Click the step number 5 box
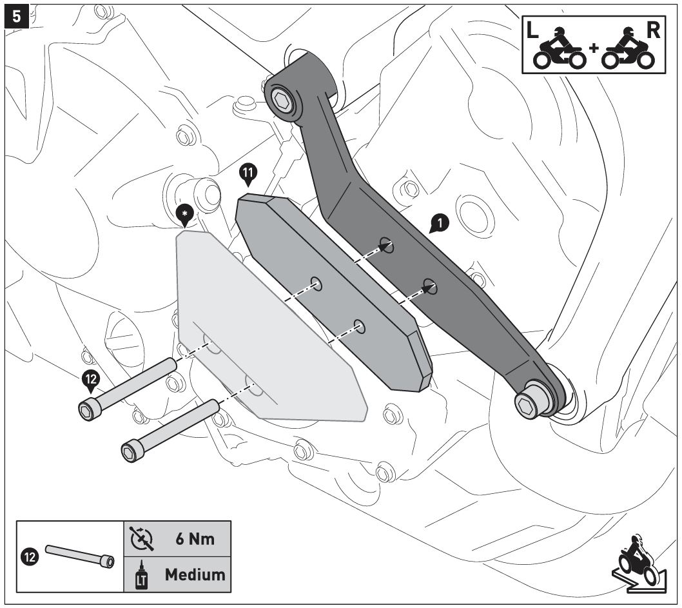[16, 15]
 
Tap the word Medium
[195, 574]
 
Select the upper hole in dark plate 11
[316, 282]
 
